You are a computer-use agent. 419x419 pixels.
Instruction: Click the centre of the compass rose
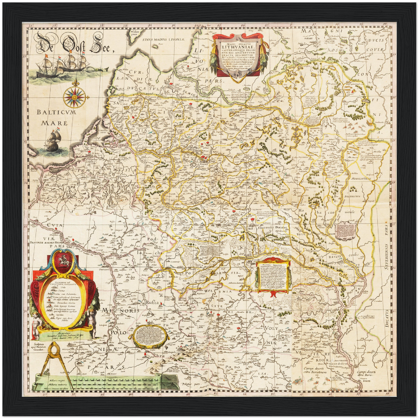74,97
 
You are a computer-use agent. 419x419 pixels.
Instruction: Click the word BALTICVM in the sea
57,113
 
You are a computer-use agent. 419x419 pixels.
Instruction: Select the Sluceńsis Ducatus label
272,228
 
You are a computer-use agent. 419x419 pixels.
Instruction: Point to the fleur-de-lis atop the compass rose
74,83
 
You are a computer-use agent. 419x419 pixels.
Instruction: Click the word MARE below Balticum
54,123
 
